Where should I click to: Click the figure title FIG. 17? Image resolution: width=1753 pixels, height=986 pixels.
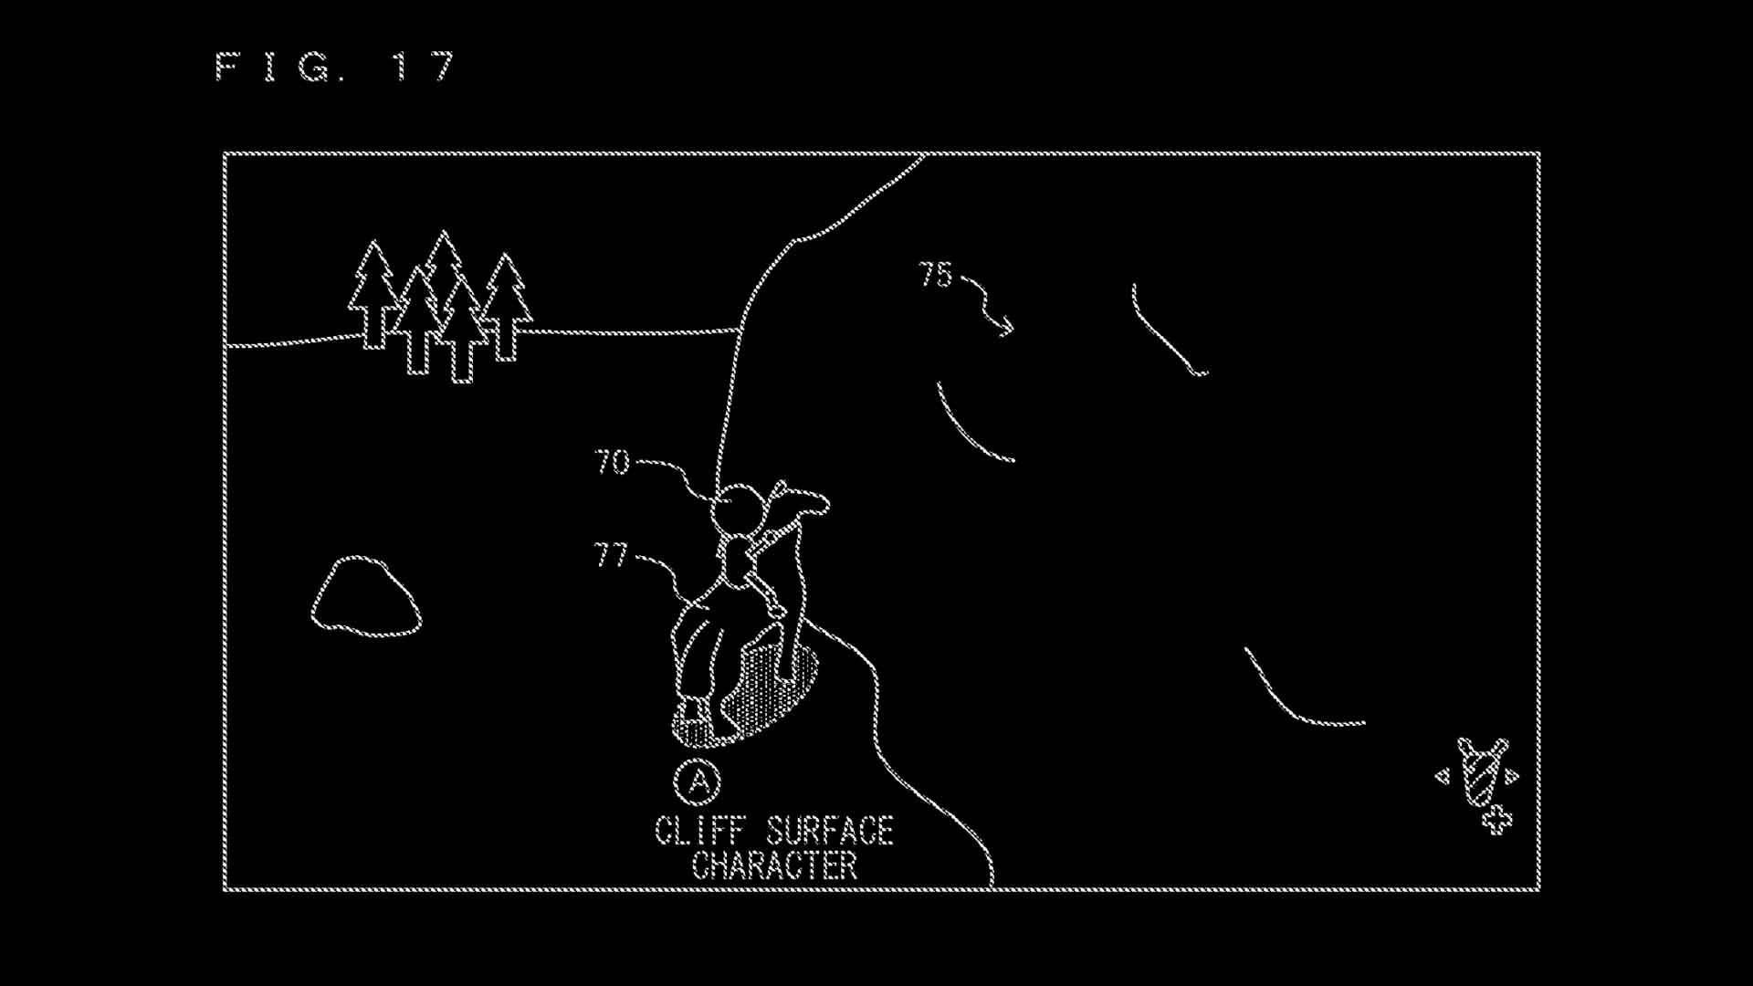(x=335, y=67)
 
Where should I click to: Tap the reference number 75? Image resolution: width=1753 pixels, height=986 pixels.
(x=936, y=275)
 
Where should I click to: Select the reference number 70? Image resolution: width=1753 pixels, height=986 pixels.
(x=613, y=462)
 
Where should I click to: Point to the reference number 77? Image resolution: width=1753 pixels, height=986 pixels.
(x=611, y=555)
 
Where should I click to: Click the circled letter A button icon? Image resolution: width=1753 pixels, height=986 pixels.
(x=698, y=782)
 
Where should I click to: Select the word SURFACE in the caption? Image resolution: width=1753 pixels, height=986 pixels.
(x=830, y=831)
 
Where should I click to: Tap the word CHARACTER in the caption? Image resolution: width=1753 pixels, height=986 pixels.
(x=775, y=865)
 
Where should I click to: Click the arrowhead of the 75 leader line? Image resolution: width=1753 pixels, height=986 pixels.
(x=1006, y=326)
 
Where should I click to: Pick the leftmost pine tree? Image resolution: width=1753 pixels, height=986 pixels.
(x=373, y=294)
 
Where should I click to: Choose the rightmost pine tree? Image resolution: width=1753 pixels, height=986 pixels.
(x=506, y=307)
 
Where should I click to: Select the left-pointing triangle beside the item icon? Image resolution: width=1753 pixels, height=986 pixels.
(x=1443, y=777)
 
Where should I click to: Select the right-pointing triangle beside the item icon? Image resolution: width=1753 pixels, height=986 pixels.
(x=1512, y=777)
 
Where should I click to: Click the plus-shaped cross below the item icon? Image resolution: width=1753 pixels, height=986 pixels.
(x=1496, y=820)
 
